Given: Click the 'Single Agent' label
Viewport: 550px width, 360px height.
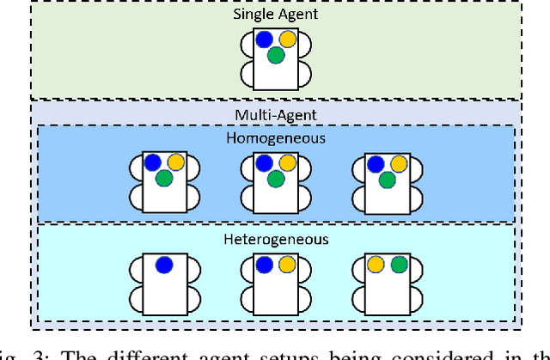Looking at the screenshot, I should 275,14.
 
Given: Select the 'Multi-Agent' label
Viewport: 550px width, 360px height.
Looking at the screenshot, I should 275,114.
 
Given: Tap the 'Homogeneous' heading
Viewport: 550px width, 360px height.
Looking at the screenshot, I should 275,137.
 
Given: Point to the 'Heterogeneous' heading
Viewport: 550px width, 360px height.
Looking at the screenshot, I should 275,240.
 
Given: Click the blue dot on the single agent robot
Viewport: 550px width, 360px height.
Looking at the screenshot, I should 265,40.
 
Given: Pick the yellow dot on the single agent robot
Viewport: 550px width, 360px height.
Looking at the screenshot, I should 287,40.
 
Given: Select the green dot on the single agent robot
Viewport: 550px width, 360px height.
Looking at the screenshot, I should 276,56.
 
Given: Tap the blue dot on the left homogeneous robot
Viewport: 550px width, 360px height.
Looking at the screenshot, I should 153,162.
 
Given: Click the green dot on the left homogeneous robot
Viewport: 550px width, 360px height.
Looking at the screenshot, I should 164,179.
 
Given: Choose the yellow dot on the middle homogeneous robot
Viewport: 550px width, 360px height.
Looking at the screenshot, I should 287,162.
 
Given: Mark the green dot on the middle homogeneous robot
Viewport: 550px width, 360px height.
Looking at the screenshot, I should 276,179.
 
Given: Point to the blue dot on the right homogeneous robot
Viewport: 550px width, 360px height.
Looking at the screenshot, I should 376,162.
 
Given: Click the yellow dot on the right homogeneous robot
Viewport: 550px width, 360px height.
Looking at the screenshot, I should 399,162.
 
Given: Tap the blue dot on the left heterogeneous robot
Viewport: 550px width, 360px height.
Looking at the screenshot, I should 164,265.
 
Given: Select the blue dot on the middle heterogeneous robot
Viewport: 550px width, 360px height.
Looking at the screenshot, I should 265,265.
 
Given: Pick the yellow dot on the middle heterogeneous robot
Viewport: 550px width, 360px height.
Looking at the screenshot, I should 287,265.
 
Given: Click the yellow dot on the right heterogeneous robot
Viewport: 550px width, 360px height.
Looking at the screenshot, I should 376,265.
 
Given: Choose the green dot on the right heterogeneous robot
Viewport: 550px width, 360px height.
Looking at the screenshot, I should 399,265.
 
